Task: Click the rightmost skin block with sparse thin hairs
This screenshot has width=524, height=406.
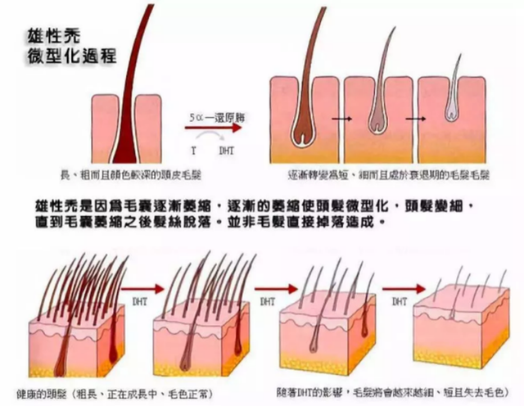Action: tap(463, 332)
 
